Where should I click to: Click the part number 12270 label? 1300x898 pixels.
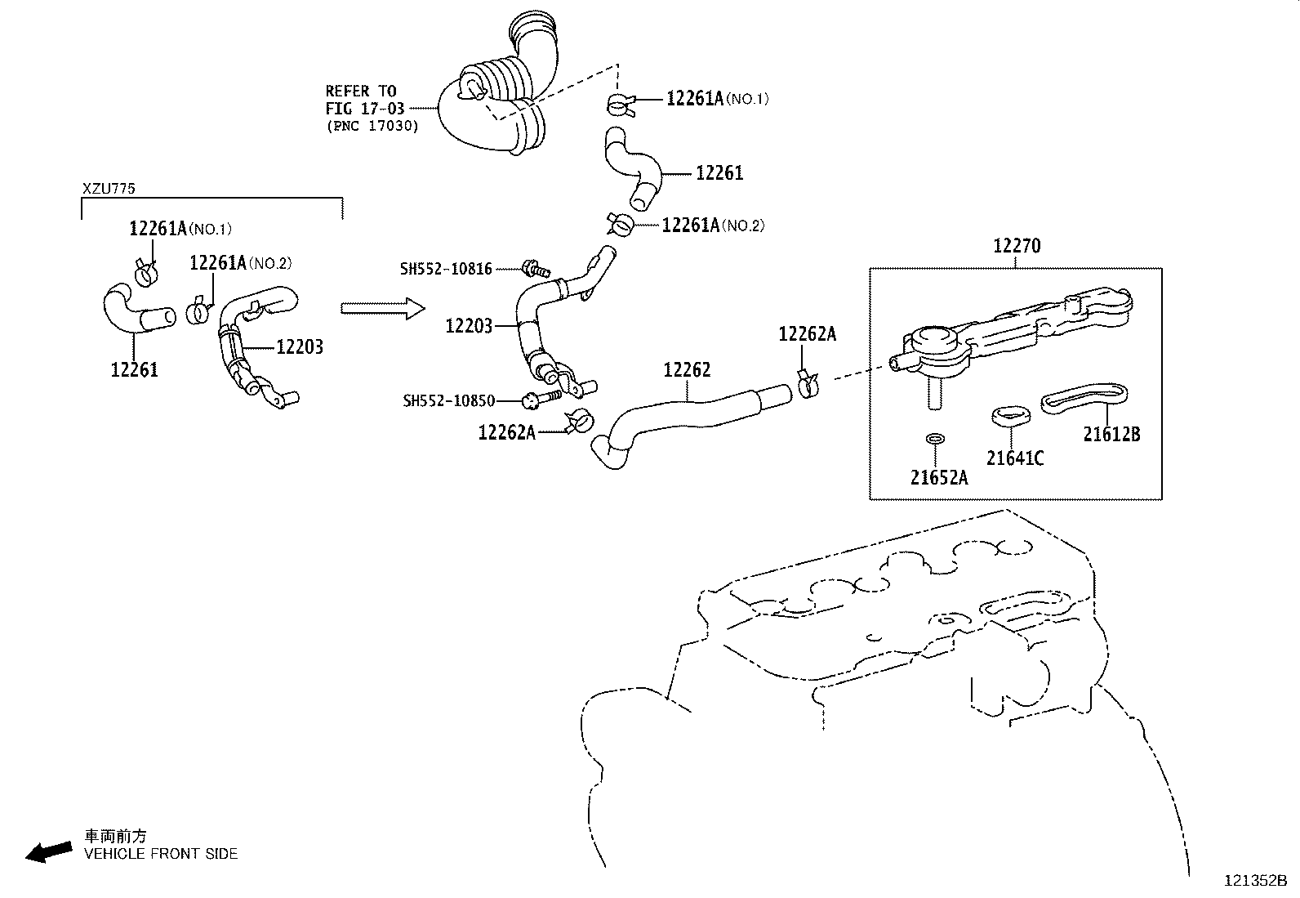tap(1017, 246)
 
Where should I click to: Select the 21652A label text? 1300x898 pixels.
tap(939, 478)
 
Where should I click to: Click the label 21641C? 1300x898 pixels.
tap(1014, 458)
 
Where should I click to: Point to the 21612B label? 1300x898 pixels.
tap(1111, 435)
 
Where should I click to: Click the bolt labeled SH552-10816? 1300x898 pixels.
tap(536, 267)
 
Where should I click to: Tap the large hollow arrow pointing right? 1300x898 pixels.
tap(382, 309)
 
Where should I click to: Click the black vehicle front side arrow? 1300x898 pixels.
tap(48, 851)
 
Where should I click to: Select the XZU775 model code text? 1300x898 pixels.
tap(109, 189)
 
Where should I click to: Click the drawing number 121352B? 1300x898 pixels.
tap(1254, 881)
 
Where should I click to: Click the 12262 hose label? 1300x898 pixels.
tap(687, 370)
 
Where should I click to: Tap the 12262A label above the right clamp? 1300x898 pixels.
tap(807, 334)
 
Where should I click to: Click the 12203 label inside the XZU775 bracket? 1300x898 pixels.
tap(300, 347)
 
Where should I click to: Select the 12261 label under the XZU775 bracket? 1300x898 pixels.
tap(134, 370)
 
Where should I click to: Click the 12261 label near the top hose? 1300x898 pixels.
tap(719, 173)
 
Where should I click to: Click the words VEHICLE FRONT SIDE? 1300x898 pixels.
tap(161, 854)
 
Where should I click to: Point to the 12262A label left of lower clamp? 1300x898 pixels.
tap(506, 432)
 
